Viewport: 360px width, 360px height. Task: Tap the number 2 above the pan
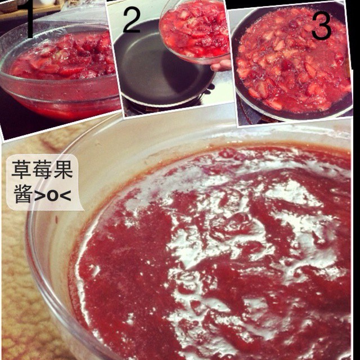tap(132, 20)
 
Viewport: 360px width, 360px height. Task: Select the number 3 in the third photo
tap(321, 26)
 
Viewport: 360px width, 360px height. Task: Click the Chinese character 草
tap(21, 169)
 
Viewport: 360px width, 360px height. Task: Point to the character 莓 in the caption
tap(42, 169)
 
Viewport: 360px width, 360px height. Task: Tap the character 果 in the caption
tap(62, 169)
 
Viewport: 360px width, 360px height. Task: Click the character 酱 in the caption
tap(22, 193)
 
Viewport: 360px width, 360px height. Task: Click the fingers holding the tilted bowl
tap(220, 65)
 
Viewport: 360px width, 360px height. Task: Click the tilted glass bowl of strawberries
tap(195, 30)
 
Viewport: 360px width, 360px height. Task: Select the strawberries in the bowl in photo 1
tap(62, 57)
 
